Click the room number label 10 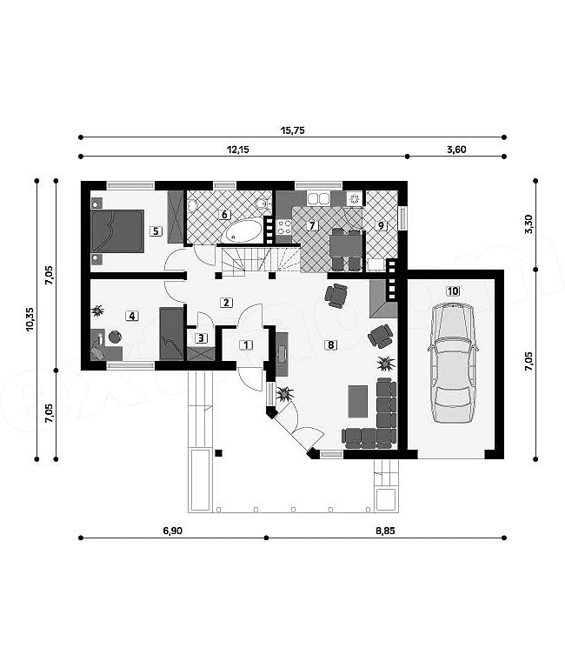click(453, 291)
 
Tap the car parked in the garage click(453, 363)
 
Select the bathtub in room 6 click(244, 230)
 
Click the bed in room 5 click(118, 230)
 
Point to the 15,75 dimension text click(293, 130)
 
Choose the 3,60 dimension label click(456, 150)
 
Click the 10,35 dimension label click(30, 319)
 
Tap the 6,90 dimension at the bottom click(172, 531)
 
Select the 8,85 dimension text click(385, 531)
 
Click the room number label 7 click(312, 225)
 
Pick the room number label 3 click(201, 338)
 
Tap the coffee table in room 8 click(357, 401)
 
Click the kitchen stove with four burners click(284, 228)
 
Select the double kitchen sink click(318, 198)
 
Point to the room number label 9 click(381, 225)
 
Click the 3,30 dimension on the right click(528, 224)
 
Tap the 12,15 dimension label click(238, 150)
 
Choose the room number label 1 click(246, 345)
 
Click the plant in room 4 click(98, 311)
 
